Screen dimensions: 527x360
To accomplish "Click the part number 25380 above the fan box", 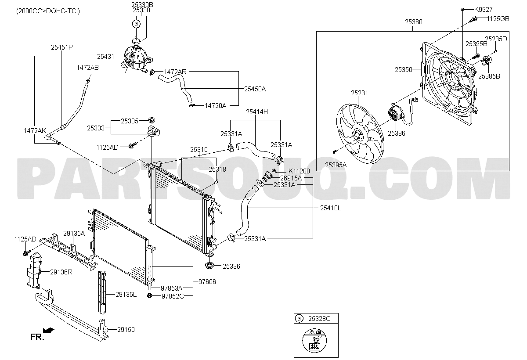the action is pos(413,22).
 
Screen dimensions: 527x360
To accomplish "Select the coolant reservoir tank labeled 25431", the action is pos(136,58).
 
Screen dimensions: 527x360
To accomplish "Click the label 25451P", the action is pos(62,47).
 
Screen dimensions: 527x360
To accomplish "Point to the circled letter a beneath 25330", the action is pos(136,24).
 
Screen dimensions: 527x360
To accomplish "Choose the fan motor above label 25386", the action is pos(395,113).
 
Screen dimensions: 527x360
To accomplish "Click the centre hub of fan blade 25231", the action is pos(357,135).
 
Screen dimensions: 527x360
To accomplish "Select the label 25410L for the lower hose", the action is pos(331,208).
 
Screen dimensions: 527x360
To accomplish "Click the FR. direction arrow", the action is pos(49,331).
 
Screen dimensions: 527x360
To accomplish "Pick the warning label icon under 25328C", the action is pos(314,341).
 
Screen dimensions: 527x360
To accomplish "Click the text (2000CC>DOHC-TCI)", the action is pos(48,11).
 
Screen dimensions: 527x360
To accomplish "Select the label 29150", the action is pos(126,330).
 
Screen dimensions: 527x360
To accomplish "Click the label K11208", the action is pos(299,171).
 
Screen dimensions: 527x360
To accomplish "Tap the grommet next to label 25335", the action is pos(152,120).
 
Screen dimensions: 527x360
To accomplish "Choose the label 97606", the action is pos(207,282).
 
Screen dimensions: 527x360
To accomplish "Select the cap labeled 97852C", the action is pos(149,295).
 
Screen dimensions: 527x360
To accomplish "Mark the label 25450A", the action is pos(255,89).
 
